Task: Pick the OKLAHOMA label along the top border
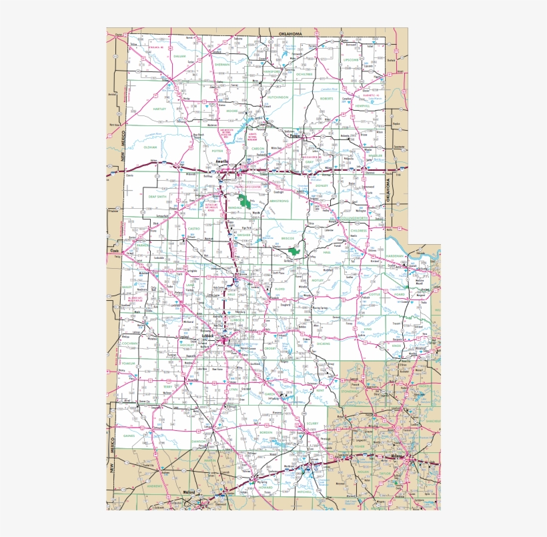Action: pyautogui.click(x=286, y=33)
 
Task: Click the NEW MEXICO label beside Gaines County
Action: pyautogui.click(x=111, y=454)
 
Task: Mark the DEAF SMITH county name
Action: pyautogui.click(x=157, y=197)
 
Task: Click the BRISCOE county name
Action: pyautogui.click(x=288, y=237)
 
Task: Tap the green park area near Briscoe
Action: pyautogui.click(x=294, y=251)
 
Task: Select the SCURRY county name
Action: pyautogui.click(x=313, y=423)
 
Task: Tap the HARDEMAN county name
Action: pyautogui.click(x=394, y=256)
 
